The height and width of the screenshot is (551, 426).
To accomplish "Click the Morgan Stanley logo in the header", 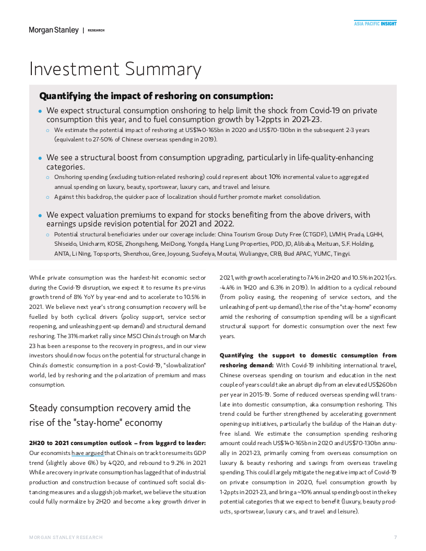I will click(54, 30).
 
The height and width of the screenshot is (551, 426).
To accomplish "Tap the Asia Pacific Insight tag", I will click(375, 23).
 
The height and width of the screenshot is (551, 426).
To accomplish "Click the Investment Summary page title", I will click(115, 69).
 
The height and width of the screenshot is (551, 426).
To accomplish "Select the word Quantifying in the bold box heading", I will click(65, 96).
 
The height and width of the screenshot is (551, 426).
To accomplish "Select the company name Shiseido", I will click(66, 244).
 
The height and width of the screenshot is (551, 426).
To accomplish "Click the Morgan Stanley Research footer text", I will click(66, 537).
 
